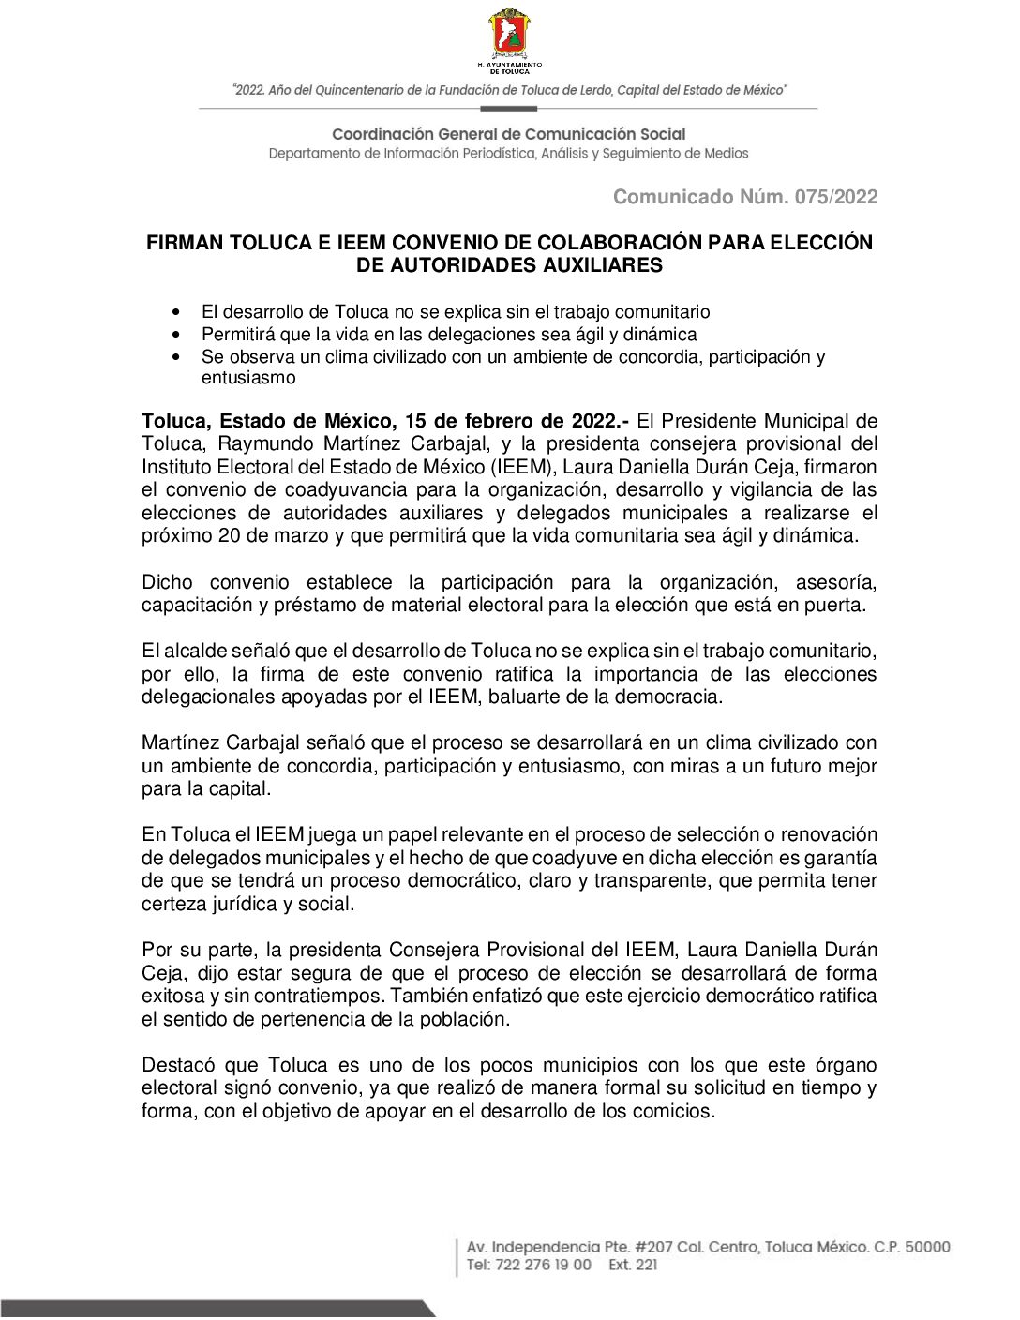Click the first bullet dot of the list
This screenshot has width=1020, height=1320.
pos(176,312)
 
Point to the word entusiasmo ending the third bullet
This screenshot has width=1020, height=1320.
pos(248,379)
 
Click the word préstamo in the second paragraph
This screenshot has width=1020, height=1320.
pos(314,605)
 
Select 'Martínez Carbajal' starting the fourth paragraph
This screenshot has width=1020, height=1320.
pos(220,743)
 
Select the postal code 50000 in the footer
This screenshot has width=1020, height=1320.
pos(925,1247)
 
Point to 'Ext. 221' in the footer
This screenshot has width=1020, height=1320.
pos(633,1265)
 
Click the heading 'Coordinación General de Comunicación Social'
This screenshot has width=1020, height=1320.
pos(508,134)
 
